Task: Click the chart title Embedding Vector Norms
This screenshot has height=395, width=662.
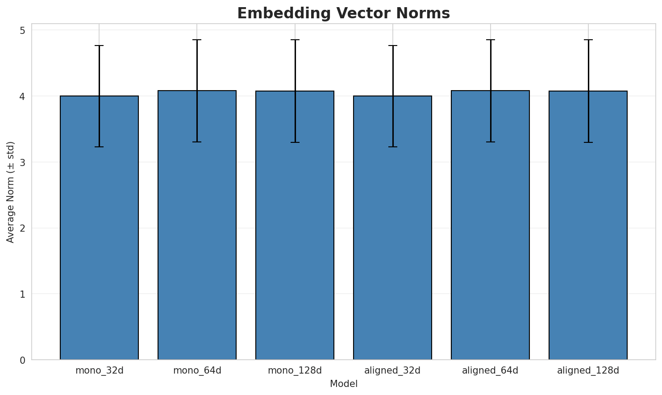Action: pos(343,13)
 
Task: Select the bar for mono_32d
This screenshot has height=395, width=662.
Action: pos(99,228)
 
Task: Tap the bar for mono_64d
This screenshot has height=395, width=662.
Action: pos(197,225)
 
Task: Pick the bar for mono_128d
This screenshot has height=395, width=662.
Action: pos(295,225)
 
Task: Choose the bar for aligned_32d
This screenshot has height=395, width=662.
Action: pos(392,228)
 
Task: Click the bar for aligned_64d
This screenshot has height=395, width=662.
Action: pos(490,225)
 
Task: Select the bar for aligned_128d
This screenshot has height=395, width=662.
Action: pos(588,225)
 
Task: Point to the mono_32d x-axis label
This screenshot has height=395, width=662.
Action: pos(99,370)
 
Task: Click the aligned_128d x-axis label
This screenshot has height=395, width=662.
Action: pos(588,370)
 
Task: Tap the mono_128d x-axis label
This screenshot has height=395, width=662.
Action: pos(295,370)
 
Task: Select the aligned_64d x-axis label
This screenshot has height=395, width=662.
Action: pos(490,370)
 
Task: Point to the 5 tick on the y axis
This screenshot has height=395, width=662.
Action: pos(22,30)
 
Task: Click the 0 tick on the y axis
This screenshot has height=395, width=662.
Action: pos(22,360)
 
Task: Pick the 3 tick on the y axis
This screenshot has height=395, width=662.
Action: pos(22,162)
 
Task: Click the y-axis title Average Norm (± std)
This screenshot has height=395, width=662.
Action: pos(11,192)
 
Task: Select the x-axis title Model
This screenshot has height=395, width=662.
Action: pos(343,384)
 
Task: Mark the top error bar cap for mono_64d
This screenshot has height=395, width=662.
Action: pos(197,40)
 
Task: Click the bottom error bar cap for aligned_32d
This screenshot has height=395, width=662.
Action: pos(392,147)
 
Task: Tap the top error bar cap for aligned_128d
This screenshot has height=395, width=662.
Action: pos(588,40)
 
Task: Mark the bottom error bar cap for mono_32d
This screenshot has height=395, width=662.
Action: pos(99,147)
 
